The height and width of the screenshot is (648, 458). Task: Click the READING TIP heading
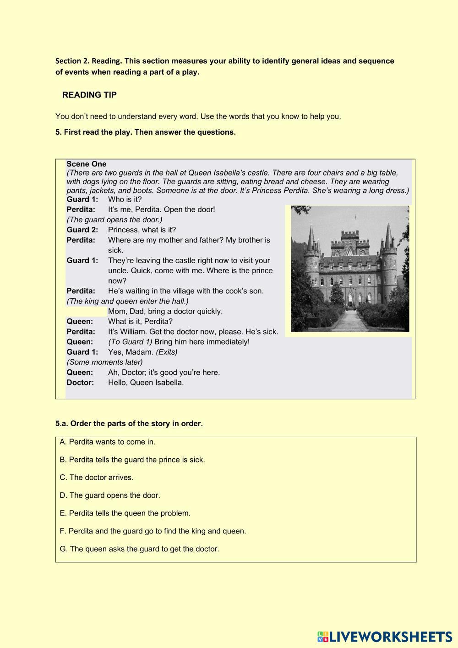(x=89, y=95)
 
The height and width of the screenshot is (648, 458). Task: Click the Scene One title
(x=86, y=164)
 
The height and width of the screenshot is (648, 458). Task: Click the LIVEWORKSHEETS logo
(x=384, y=637)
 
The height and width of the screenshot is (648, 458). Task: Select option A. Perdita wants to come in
(x=108, y=442)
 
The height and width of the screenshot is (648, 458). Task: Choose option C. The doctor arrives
(x=97, y=478)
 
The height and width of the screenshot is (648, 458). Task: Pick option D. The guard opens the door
(x=110, y=495)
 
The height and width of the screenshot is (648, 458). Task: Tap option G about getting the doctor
(x=139, y=549)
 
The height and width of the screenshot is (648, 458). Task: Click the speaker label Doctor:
(x=80, y=383)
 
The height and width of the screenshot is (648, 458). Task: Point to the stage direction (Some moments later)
(x=104, y=362)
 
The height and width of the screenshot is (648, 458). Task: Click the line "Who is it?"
(x=125, y=199)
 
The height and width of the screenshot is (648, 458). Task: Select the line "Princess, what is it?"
(x=142, y=230)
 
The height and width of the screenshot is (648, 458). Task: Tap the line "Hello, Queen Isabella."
(x=146, y=383)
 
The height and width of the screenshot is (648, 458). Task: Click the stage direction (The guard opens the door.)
(x=114, y=220)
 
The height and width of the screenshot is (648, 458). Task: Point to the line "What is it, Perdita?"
(x=140, y=321)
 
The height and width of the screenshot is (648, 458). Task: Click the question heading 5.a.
(x=129, y=423)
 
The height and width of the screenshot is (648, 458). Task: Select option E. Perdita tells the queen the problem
(x=125, y=513)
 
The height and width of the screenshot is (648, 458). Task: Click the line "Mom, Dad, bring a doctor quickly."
(x=165, y=311)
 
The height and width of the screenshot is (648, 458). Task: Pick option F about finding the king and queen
(x=153, y=531)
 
